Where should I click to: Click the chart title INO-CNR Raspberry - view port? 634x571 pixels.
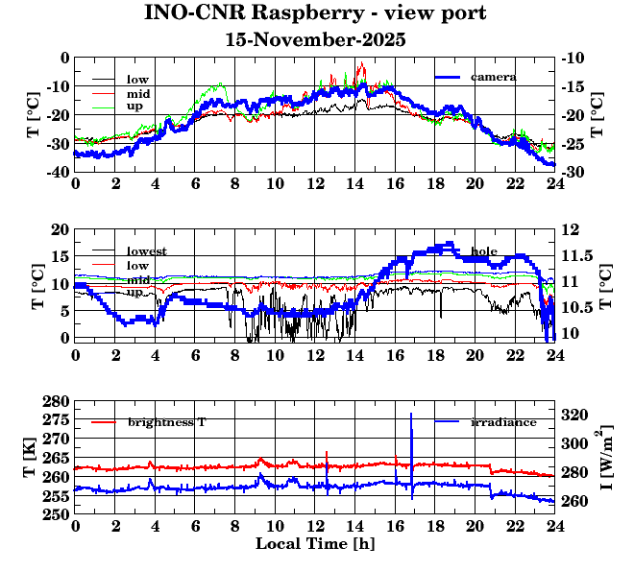(x=315, y=13)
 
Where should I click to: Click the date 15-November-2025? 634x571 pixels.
(x=315, y=40)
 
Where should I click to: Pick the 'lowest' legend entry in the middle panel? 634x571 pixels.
(x=147, y=251)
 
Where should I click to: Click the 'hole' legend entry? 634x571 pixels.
(x=484, y=251)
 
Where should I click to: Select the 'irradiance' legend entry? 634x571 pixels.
(x=503, y=422)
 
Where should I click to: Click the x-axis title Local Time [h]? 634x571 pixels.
(x=315, y=543)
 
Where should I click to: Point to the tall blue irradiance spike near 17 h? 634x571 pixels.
(x=411, y=416)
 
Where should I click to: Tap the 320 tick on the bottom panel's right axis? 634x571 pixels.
(x=573, y=416)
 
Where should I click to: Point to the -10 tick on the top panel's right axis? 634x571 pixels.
(x=574, y=58)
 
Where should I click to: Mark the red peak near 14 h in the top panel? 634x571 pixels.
(x=361, y=63)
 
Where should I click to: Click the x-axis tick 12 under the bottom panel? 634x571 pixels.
(x=315, y=527)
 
